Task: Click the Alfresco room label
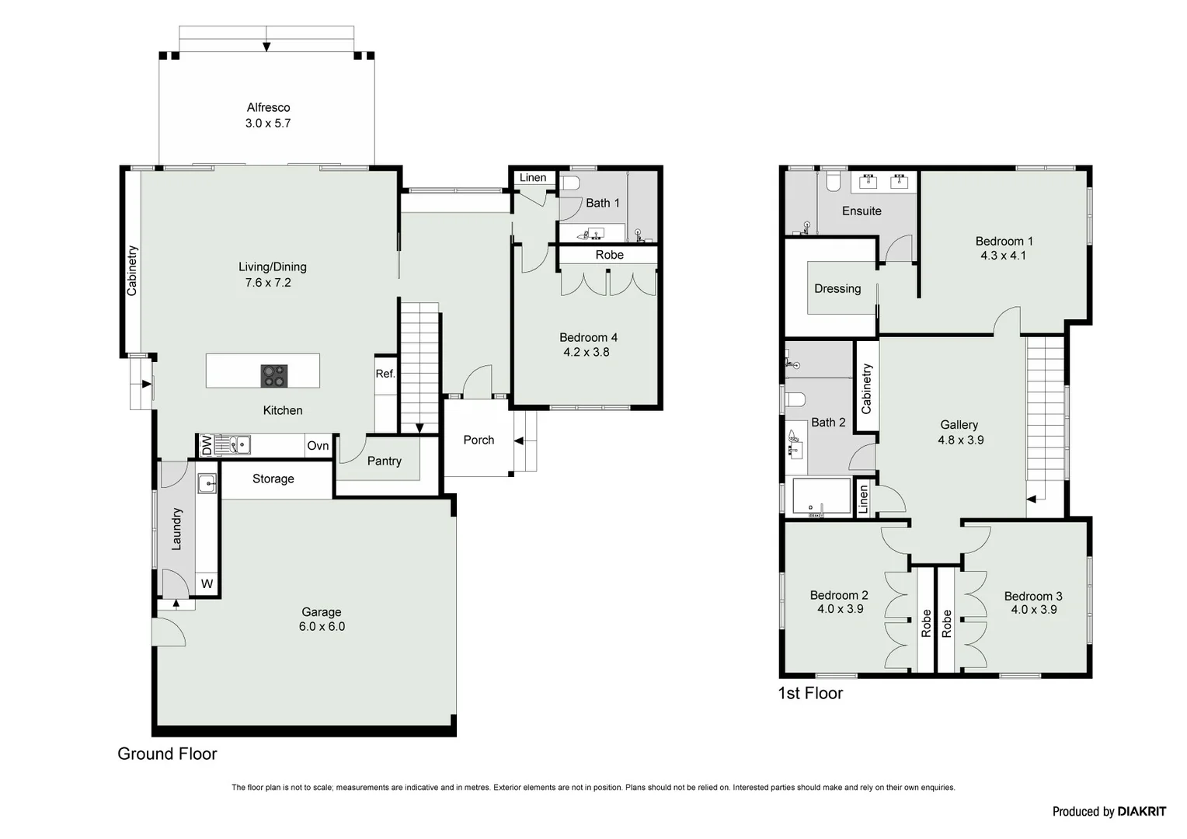[x=268, y=108]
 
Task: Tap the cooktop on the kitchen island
[x=273, y=376]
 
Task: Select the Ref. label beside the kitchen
[x=385, y=374]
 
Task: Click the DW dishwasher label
[x=207, y=446]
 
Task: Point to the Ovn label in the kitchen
[x=318, y=446]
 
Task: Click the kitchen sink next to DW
[x=233, y=445]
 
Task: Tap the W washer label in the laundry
[x=207, y=583]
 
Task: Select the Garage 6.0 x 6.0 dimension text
[x=322, y=626]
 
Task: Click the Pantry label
[x=384, y=461]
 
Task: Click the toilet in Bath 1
[x=571, y=184]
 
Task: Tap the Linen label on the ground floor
[x=533, y=178]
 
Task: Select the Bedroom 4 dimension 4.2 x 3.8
[x=587, y=352]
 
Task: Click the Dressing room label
[x=837, y=288]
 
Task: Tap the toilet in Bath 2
[x=794, y=400]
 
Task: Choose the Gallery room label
[x=959, y=425]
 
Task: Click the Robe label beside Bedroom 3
[x=946, y=623]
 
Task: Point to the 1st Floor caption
[x=810, y=693]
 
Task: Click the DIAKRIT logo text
[x=1141, y=812]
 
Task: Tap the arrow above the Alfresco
[x=266, y=46]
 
